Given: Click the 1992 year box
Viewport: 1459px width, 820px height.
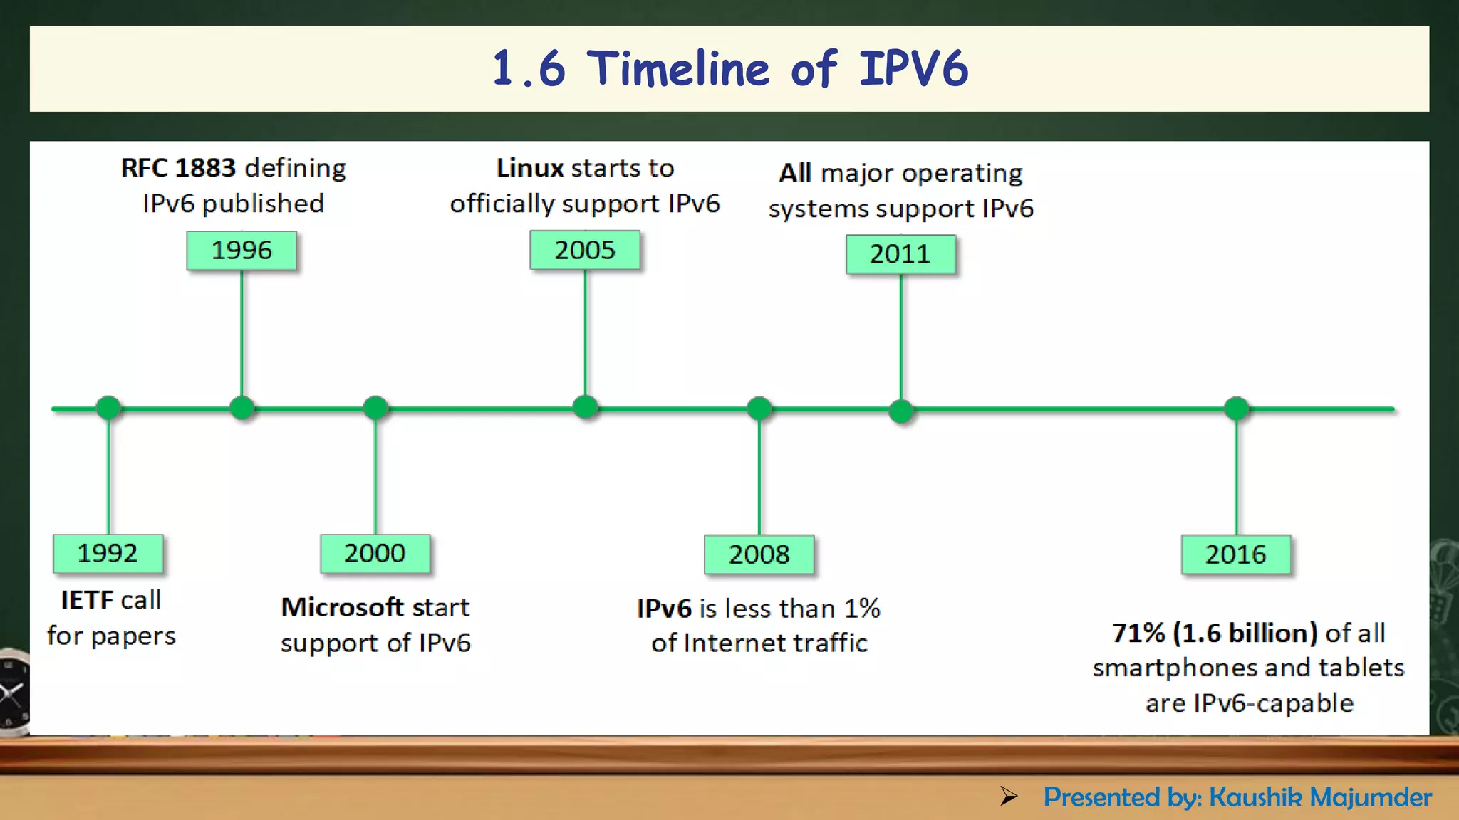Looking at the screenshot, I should coord(108,554).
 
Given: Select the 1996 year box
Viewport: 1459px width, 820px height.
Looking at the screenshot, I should coord(242,251).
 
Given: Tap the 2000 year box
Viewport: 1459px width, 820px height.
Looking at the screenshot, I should coord(375,554).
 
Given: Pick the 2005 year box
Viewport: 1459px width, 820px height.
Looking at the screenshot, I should coord(584,250).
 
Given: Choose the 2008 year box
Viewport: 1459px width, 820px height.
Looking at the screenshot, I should coord(759,554).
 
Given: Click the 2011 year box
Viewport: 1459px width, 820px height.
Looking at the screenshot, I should coord(900,254).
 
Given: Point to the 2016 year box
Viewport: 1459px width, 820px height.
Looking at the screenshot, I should coord(1235,554).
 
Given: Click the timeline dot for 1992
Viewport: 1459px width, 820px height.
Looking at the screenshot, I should coord(108,408).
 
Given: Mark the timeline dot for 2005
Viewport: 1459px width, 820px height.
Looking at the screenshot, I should coord(585,407).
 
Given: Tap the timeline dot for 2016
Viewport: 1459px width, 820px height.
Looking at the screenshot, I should coord(1236,409).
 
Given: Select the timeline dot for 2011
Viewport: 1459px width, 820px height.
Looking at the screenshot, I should coord(901,411).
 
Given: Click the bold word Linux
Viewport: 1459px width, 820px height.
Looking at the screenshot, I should coord(530,168).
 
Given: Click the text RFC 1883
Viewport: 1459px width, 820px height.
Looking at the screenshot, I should coord(178,168).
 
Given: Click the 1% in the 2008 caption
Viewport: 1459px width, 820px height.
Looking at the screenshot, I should coord(862,609).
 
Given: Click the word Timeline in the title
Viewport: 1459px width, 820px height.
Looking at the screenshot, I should coord(677,69).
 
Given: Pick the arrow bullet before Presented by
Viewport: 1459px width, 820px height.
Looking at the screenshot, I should coord(1008,796).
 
